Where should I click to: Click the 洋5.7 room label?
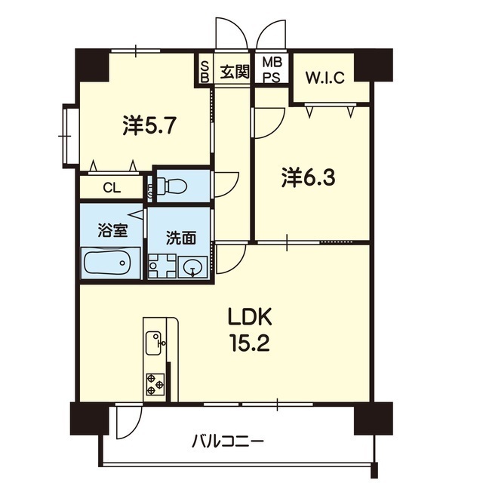[149, 126]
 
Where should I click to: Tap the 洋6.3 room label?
[308, 178]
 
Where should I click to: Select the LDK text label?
[250, 318]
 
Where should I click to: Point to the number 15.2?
[251, 343]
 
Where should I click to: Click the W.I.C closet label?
[325, 78]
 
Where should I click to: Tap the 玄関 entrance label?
[235, 72]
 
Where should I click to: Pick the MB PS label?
[272, 70]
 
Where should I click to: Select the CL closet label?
[112, 187]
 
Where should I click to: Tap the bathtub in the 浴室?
[107, 263]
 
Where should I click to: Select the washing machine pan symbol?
[162, 266]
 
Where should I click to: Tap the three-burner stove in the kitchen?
[155, 384]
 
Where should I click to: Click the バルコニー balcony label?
[228, 444]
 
